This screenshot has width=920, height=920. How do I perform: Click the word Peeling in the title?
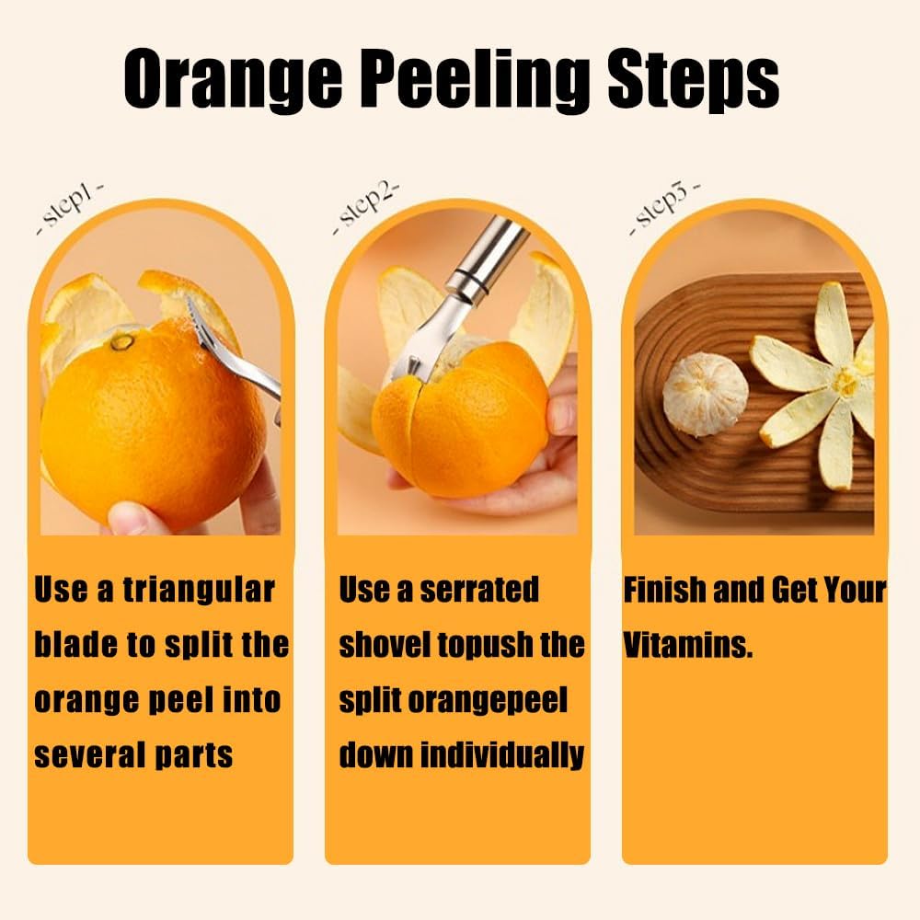[x=451, y=81]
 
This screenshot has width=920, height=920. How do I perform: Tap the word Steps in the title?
[x=693, y=81]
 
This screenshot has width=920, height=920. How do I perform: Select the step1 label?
[x=71, y=208]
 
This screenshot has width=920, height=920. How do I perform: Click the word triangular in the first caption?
[x=199, y=590]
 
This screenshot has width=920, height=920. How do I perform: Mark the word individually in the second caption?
[x=502, y=755]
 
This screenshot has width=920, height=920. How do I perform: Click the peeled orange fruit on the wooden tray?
[x=706, y=394]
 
